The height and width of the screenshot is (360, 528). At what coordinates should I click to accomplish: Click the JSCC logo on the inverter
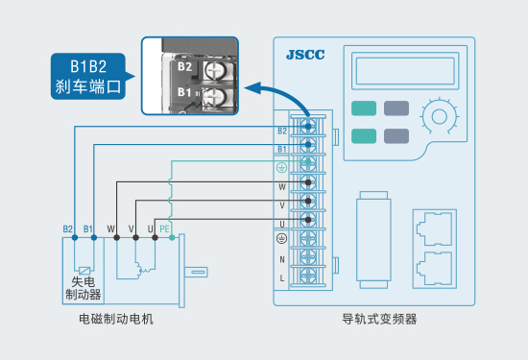pyautogui.click(x=305, y=55)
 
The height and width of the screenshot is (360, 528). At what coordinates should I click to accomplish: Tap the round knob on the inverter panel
pyautogui.click(x=439, y=117)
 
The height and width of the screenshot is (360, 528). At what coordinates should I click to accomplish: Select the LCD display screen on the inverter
pyautogui.click(x=405, y=71)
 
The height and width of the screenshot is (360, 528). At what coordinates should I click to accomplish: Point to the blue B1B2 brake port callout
pyautogui.click(x=89, y=76)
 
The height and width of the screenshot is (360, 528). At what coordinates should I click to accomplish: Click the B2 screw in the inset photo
pyautogui.click(x=215, y=70)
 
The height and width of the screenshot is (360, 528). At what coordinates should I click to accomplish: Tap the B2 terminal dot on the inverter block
pyautogui.click(x=308, y=127)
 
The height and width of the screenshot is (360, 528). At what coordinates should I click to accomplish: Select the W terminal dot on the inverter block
pyautogui.click(x=308, y=182)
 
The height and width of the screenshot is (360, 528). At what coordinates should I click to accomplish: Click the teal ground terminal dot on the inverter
pyautogui.click(x=308, y=161)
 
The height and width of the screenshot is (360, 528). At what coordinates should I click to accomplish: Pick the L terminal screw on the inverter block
pyautogui.click(x=308, y=276)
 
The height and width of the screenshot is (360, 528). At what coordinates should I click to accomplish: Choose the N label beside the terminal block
pyautogui.click(x=282, y=259)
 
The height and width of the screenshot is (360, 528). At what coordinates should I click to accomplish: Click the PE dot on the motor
pyautogui.click(x=172, y=237)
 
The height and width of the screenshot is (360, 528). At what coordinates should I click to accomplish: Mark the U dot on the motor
pyautogui.click(x=155, y=237)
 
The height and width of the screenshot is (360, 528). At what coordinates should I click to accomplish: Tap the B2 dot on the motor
pyautogui.click(x=75, y=237)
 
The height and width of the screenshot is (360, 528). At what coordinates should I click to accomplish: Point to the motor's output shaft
pyautogui.click(x=196, y=272)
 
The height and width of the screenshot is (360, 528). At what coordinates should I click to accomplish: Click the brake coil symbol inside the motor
pyautogui.click(x=84, y=270)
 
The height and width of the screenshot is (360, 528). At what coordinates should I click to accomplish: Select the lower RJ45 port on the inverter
pyautogui.click(x=434, y=269)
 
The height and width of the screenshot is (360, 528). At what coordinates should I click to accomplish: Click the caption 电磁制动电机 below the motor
pyautogui.click(x=116, y=319)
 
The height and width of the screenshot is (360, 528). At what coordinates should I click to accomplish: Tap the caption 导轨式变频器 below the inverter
pyautogui.click(x=379, y=319)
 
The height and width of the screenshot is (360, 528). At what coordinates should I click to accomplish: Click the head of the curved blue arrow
pyautogui.click(x=252, y=88)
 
